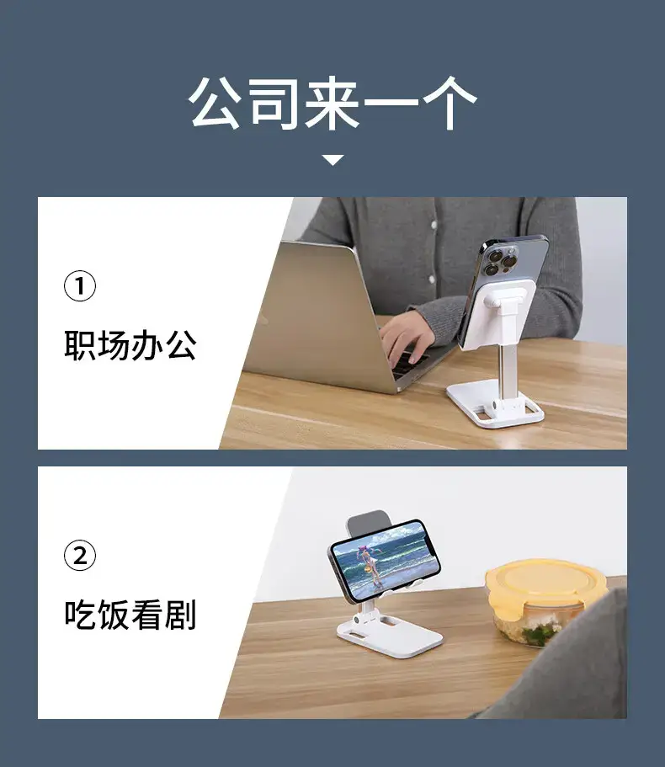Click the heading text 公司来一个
332,104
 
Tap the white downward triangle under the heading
333,160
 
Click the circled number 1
80,285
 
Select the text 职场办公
130,345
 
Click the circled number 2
80,555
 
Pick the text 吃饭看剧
130,615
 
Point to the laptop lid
318,313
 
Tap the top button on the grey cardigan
434,225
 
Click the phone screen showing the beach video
386,561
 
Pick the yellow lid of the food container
545,583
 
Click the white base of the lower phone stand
390,635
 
